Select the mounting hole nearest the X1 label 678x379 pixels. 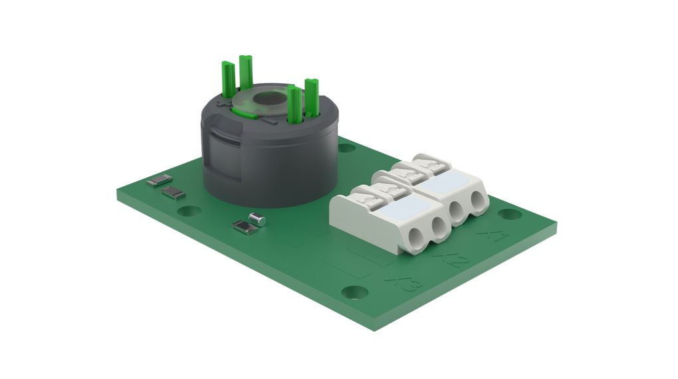pyautogui.click(x=509, y=214)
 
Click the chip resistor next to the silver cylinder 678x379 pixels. pyautogui.click(x=244, y=227)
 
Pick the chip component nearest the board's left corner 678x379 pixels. pyautogui.click(x=160, y=180)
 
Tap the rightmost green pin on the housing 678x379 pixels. pyautogui.click(x=311, y=96)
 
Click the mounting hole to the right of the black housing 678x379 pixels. pyautogui.click(x=346, y=146)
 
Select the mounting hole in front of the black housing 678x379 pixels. pyautogui.click(x=189, y=211)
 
